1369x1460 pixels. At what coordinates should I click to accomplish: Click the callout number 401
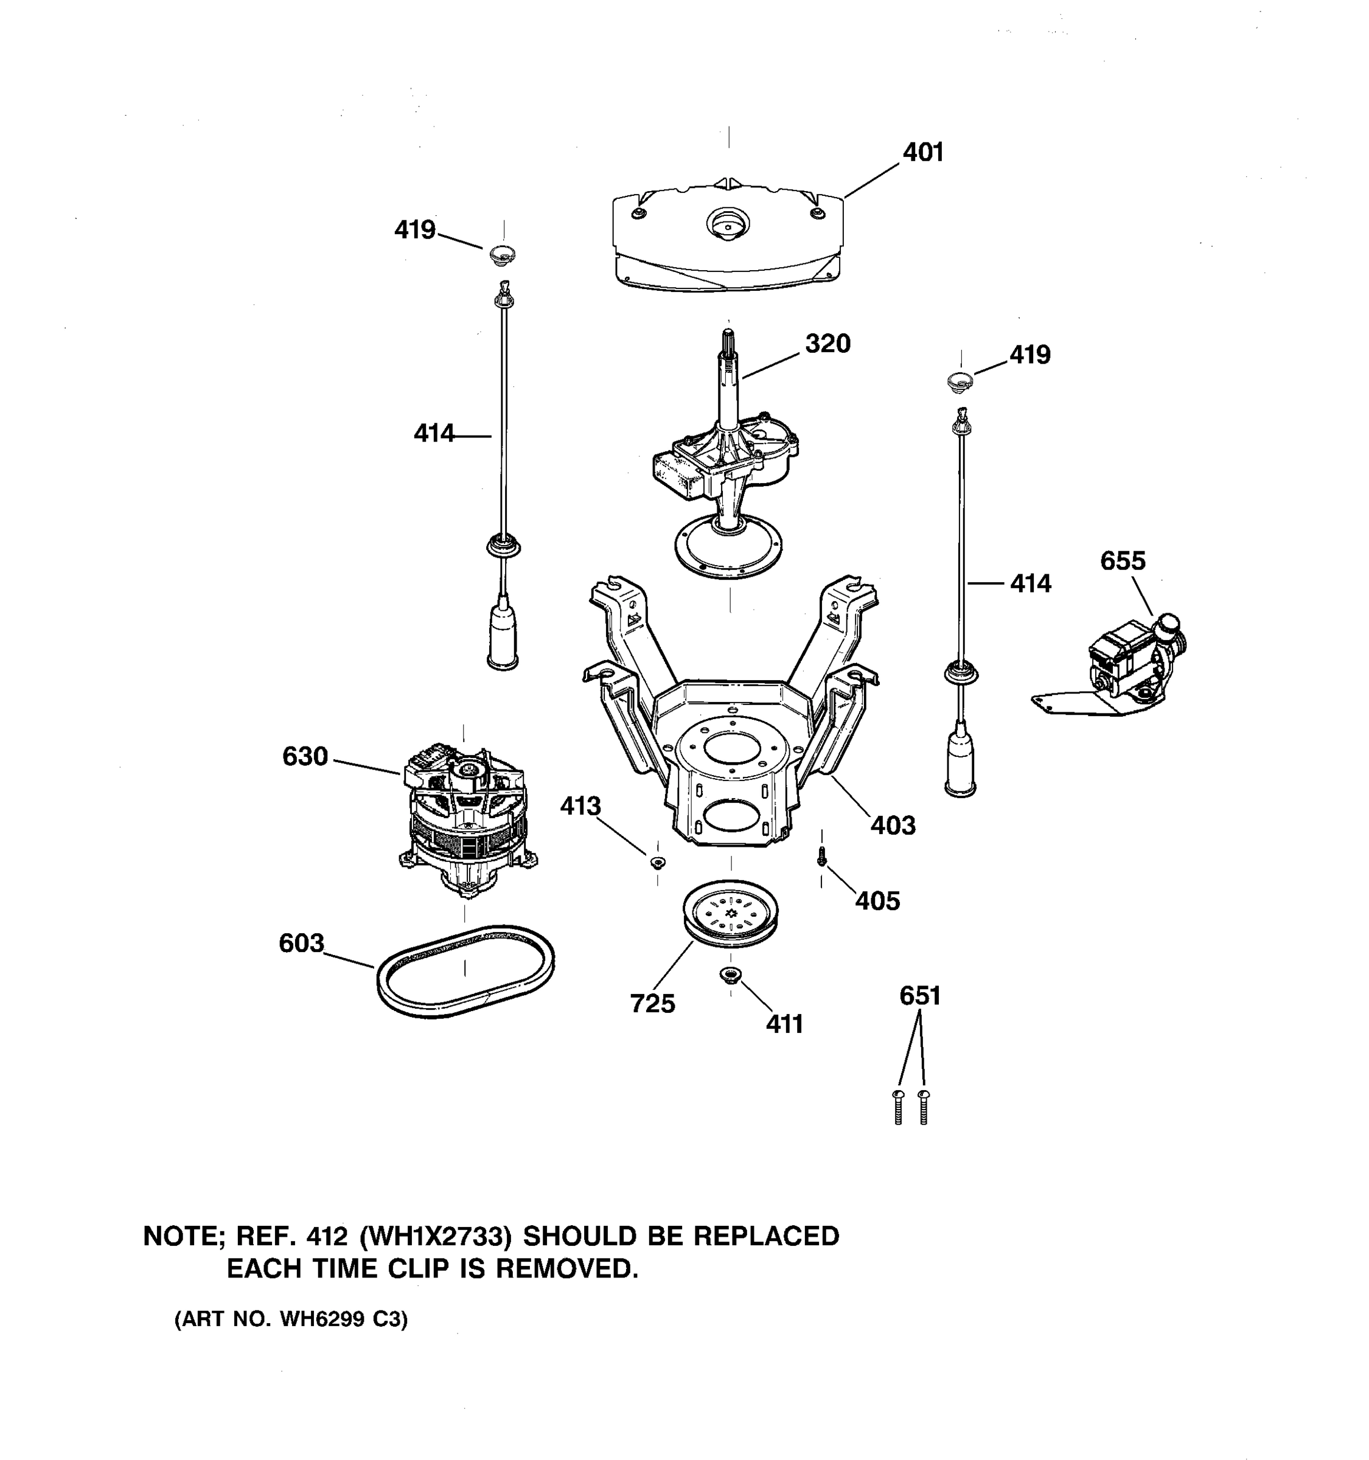(922, 153)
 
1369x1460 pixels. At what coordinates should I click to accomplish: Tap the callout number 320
(827, 344)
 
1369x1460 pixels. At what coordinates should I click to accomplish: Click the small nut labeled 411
(730, 975)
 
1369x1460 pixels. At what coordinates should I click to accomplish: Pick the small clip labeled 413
(657, 862)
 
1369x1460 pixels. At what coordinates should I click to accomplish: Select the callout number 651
(919, 996)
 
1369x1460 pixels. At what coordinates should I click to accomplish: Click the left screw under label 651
(898, 1107)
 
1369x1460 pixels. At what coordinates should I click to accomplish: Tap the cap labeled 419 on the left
(503, 255)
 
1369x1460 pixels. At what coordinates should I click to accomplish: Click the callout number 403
(893, 826)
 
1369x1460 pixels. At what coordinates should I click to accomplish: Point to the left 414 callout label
(433, 434)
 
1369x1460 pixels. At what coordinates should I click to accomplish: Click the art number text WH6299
(322, 1319)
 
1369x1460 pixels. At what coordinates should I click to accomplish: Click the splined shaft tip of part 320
(728, 341)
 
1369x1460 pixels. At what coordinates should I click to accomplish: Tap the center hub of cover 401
(726, 223)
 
